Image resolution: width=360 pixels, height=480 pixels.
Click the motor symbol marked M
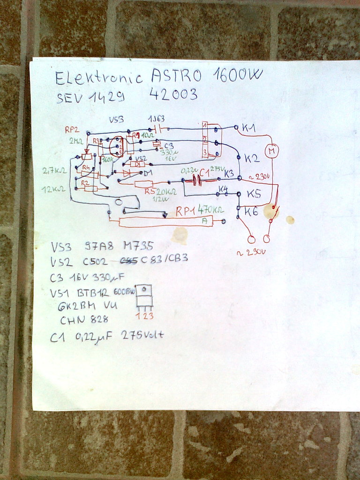271,151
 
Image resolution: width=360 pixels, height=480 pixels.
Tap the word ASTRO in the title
176,75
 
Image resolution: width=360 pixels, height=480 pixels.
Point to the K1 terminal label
249,127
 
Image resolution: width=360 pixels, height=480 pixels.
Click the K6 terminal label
252,211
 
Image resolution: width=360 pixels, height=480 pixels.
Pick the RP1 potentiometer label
186,211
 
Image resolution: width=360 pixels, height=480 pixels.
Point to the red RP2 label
72,130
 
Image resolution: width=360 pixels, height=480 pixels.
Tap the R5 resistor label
150,191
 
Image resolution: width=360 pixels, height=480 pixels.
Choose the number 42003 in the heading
173,95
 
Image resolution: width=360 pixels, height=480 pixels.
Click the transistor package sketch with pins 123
144,297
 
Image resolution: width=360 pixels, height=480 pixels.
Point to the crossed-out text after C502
129,259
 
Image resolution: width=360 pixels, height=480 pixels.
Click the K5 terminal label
254,194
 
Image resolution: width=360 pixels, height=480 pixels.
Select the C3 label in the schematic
169,146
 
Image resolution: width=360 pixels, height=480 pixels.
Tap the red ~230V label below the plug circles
251,252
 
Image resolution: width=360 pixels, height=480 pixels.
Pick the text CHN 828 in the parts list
84,320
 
